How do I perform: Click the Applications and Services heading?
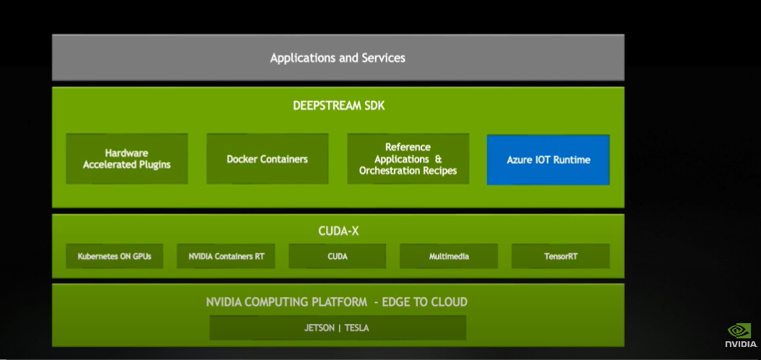pyautogui.click(x=337, y=58)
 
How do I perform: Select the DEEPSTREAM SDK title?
pyautogui.click(x=338, y=106)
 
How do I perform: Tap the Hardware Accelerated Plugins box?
pyautogui.click(x=126, y=159)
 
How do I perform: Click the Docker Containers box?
pyautogui.click(x=267, y=159)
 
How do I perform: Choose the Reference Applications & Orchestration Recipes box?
pyautogui.click(x=408, y=159)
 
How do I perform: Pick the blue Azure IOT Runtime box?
pyautogui.click(x=548, y=160)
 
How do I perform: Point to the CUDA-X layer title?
pyautogui.click(x=338, y=231)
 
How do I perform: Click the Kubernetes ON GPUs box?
pyautogui.click(x=114, y=256)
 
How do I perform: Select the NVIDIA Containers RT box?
pyautogui.click(x=225, y=256)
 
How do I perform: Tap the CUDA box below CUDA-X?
pyautogui.click(x=337, y=256)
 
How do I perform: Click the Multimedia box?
pyautogui.click(x=449, y=256)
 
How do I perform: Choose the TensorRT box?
pyautogui.click(x=560, y=256)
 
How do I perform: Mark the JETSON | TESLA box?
pyautogui.click(x=337, y=328)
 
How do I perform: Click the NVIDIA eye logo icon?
pyautogui.click(x=739, y=330)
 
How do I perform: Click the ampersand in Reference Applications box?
pyautogui.click(x=438, y=159)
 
